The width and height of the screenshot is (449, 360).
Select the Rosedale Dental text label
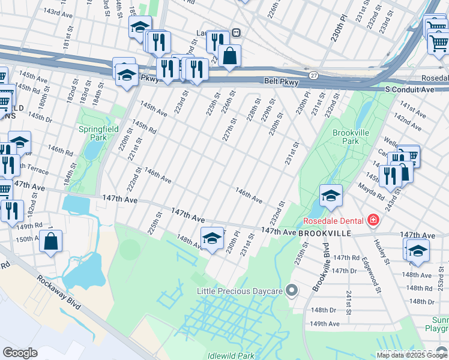coord(336,220)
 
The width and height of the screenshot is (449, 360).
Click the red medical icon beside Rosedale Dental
coord(373,220)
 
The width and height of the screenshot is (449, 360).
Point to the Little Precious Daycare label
coord(240,291)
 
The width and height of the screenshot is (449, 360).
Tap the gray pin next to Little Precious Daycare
coord(292,291)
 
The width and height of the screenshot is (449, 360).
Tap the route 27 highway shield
coord(314,75)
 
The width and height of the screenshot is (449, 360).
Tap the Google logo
coord(20,353)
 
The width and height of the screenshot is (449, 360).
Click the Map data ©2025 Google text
coord(412,355)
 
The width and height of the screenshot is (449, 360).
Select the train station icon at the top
coord(237,32)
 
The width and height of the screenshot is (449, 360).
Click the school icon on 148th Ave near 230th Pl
coord(211,239)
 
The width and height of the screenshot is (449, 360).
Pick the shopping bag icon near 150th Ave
coord(52,242)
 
